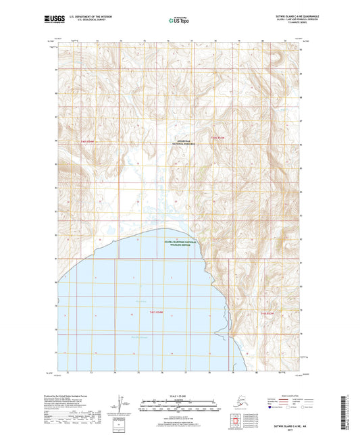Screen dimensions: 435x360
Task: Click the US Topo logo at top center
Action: [x=180, y=20]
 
